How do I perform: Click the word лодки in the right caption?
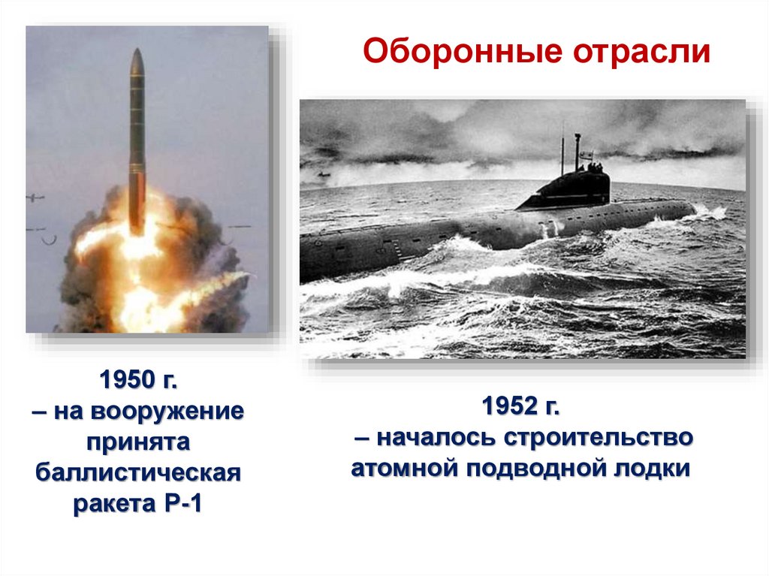(653, 469)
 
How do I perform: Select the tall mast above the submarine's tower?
(578, 150)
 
